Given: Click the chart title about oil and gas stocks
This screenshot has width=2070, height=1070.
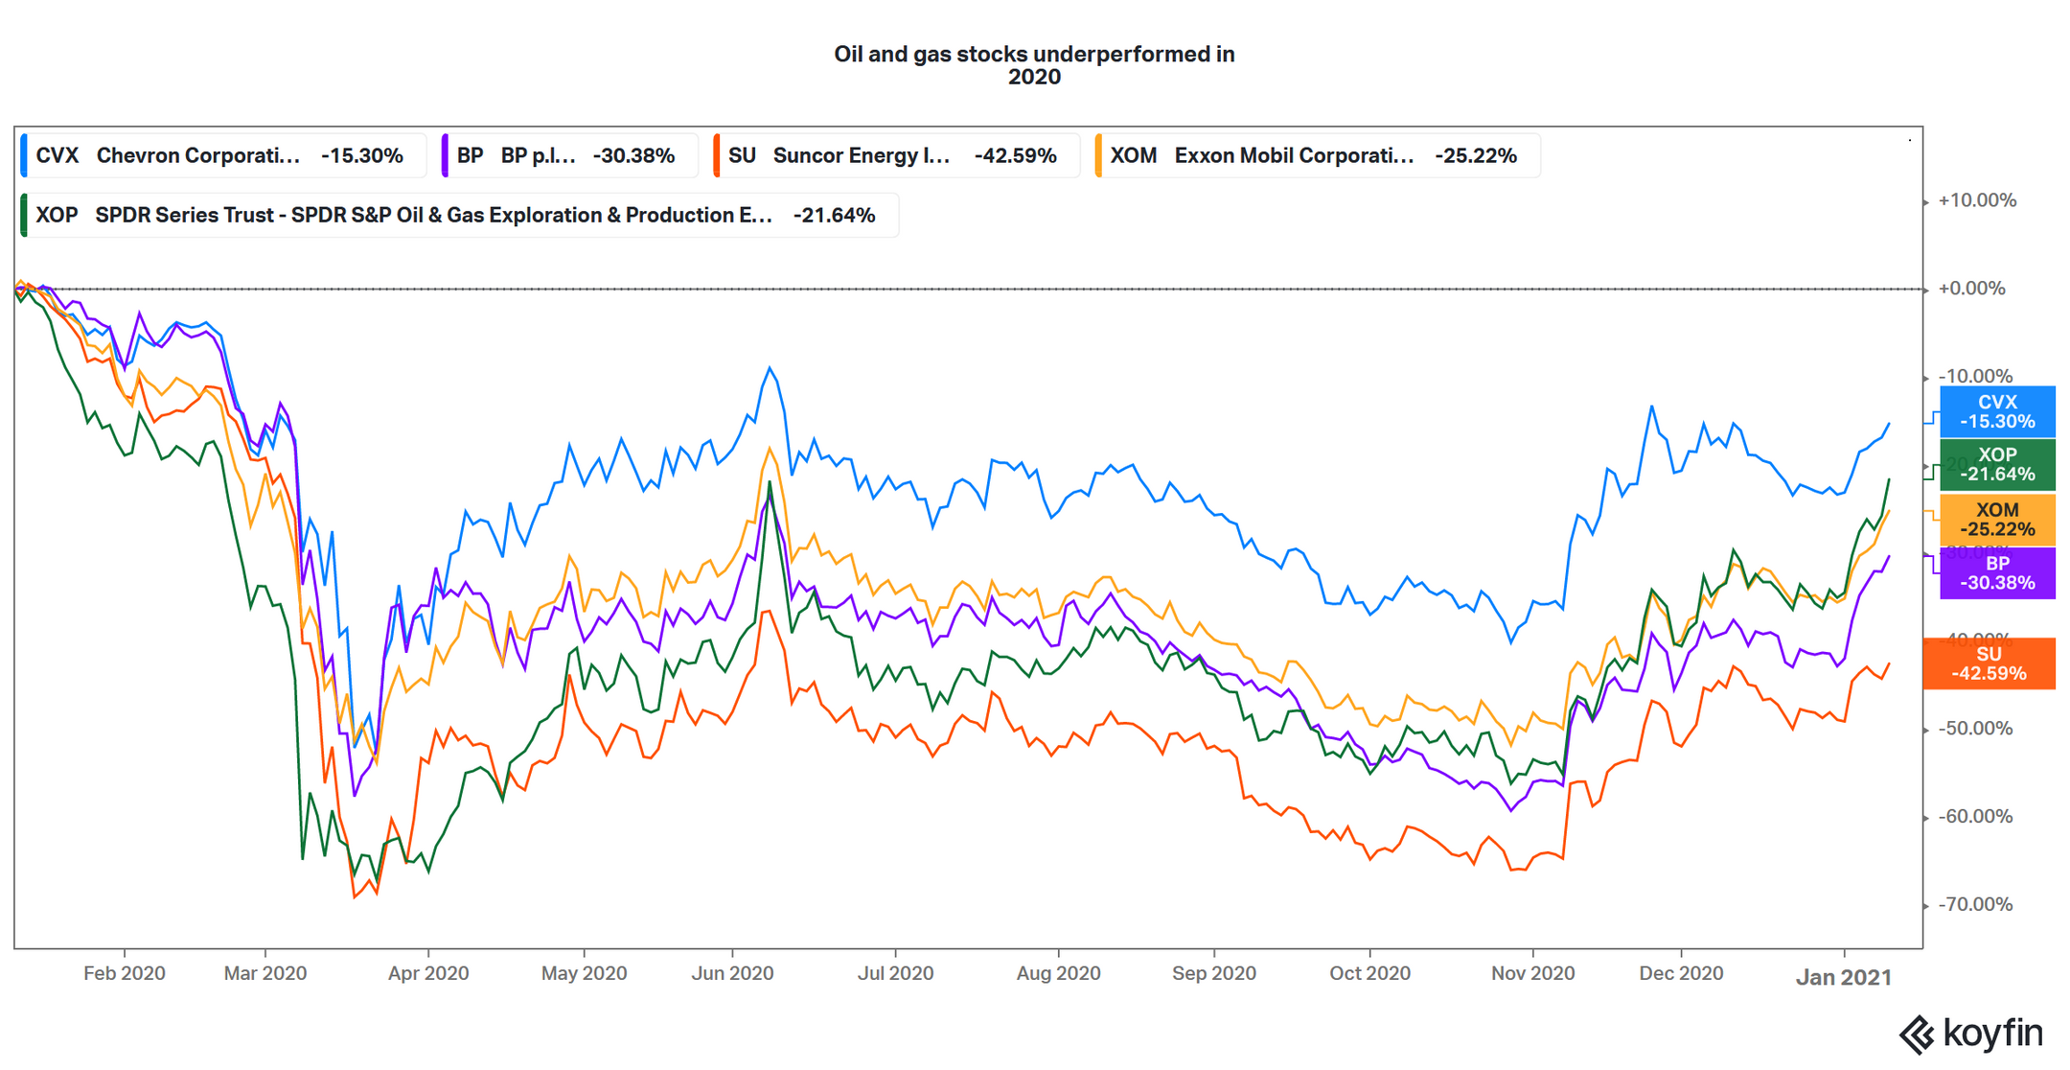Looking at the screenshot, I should pos(1034,65).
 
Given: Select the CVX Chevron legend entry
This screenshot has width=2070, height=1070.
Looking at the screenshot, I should pos(219,155).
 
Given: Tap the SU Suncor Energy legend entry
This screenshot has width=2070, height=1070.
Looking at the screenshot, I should pos(892,155).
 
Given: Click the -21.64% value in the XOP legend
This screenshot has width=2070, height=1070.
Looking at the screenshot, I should pos(834,216).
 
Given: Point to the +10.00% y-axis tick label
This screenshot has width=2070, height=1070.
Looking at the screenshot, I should pos(1976,200).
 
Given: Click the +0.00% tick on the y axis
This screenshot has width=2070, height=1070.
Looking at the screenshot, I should pos(1971,289).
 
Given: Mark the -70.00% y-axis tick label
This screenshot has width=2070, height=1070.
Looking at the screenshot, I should pos(1974,904).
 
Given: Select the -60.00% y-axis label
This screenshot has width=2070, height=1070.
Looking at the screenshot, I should pos(1974,817).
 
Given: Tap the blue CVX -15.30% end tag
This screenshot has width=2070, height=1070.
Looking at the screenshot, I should pos(1997,411).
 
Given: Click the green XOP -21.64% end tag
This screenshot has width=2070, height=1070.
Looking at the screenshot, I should pos(1997,464).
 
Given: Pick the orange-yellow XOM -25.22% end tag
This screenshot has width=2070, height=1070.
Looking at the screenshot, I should pos(1997,519).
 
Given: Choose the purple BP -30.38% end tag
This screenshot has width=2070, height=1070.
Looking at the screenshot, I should pos(1997,572).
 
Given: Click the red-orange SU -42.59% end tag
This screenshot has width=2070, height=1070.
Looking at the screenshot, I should pos(1989,663).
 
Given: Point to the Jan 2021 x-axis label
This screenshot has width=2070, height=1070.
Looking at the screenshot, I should pos(1843,977).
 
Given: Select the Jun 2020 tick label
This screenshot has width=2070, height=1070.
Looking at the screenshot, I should pos(732,973).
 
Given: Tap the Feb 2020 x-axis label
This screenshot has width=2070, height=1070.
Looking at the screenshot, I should pos(124,973).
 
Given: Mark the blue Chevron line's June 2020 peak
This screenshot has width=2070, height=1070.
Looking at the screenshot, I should pos(770,367).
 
